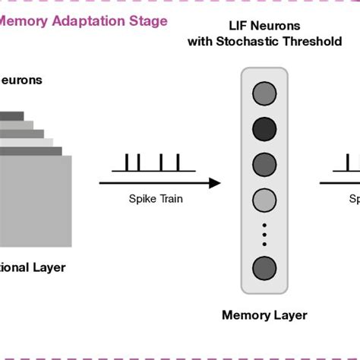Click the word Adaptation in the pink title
(x=86, y=21)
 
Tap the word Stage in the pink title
(x=148, y=21)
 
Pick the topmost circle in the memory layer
(x=264, y=93)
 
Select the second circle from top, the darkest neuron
(x=264, y=128)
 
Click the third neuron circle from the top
(x=264, y=163)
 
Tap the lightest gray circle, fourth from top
(x=264, y=197)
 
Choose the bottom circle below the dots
(x=264, y=268)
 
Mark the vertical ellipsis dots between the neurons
(x=264, y=233)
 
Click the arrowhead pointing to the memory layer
(x=214, y=182)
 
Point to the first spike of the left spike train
(x=127, y=162)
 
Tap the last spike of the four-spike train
(x=178, y=162)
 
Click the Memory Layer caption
(x=264, y=315)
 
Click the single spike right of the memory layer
(x=349, y=162)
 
